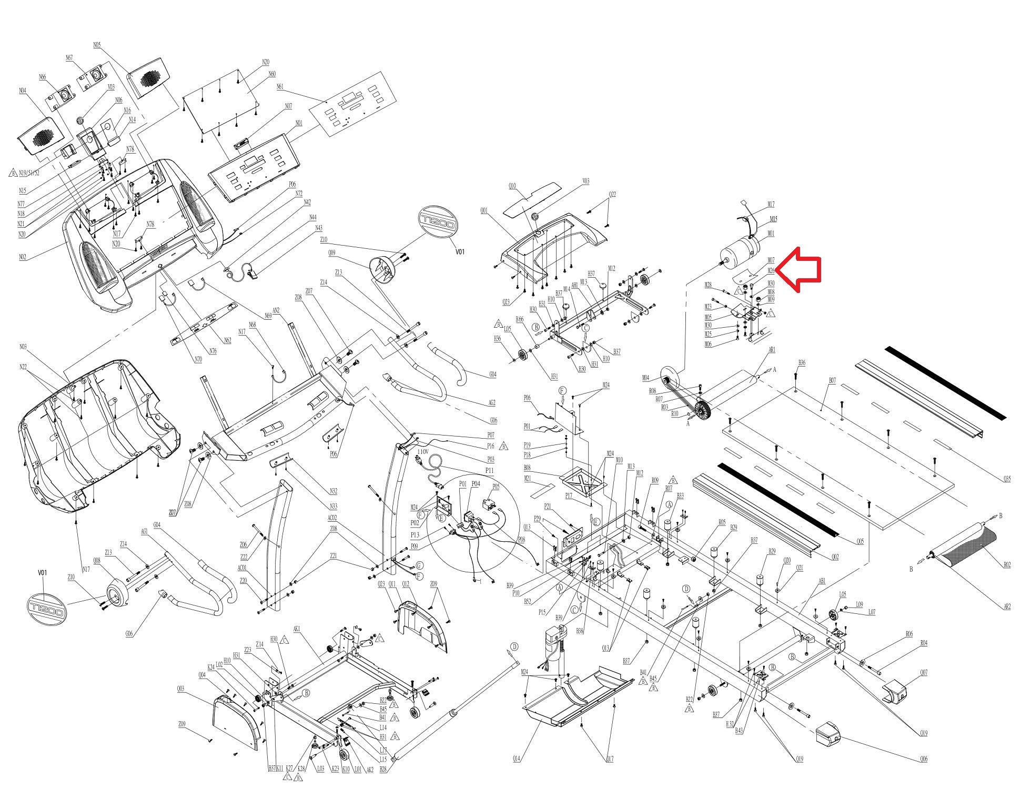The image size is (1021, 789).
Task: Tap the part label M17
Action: click(771, 205)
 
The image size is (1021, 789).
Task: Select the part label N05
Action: click(97, 45)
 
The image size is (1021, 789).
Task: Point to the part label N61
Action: click(280, 87)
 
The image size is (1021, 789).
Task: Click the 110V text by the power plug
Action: click(423, 452)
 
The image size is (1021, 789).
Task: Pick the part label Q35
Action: click(1007, 479)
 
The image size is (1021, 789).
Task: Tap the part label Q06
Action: click(924, 760)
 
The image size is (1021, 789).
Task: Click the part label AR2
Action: click(1006, 606)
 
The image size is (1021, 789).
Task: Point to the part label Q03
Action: click(180, 689)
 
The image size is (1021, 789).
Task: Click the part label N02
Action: click(23, 257)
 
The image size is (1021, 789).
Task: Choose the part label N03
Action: click(23, 347)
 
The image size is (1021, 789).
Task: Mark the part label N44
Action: click(312, 217)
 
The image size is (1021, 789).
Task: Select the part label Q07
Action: click(924, 673)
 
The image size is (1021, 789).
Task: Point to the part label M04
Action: click(645, 378)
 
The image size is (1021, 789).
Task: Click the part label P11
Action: click(490, 470)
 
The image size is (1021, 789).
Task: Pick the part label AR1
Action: click(772, 350)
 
